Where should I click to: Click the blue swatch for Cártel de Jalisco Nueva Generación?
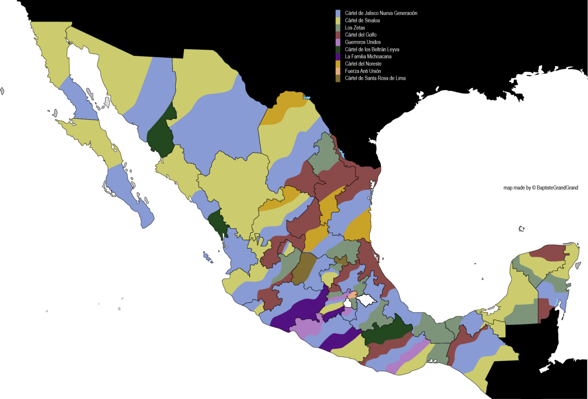[338, 13]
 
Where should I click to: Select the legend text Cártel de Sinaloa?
[362, 21]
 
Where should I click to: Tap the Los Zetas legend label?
[355, 28]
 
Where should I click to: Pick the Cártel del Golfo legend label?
[361, 35]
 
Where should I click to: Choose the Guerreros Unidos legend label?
[362, 42]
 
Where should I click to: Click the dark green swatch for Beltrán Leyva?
[338, 50]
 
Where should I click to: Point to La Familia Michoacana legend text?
[368, 56]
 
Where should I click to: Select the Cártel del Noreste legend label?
[363, 64]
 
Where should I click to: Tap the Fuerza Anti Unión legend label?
[362, 71]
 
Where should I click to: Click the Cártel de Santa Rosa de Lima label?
[375, 78]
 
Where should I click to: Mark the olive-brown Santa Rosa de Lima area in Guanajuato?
[302, 268]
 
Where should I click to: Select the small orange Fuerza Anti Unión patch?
[352, 295]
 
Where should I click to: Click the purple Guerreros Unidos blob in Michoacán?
[305, 327]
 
